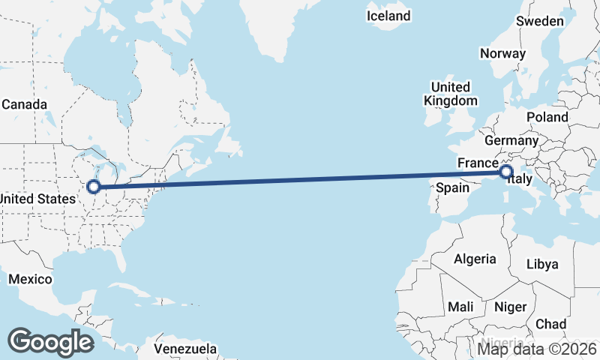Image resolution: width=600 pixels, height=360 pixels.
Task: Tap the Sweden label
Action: point(540,21)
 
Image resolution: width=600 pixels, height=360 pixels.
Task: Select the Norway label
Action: point(502,53)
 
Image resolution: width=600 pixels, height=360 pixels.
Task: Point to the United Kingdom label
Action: point(450,94)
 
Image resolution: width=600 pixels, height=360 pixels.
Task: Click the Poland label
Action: point(547,117)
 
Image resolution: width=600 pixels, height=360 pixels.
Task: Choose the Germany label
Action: point(511,140)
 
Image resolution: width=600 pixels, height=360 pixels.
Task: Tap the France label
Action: point(478,163)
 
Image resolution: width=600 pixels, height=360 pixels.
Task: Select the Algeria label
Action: point(475,259)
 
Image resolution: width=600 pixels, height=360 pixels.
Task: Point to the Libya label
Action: point(542,264)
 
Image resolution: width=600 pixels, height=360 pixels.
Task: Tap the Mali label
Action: point(460,307)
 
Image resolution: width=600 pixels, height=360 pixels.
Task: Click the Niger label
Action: point(510,307)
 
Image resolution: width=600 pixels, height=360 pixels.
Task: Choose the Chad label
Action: point(551,324)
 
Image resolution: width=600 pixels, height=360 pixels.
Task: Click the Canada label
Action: point(24,104)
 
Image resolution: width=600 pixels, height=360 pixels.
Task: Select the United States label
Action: point(37,199)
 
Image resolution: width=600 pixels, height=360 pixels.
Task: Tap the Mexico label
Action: point(30,279)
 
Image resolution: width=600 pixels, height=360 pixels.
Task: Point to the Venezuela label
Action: point(185,349)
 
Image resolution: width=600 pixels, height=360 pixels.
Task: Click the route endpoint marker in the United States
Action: point(94,187)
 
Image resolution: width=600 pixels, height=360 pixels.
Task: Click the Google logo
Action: point(51,341)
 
